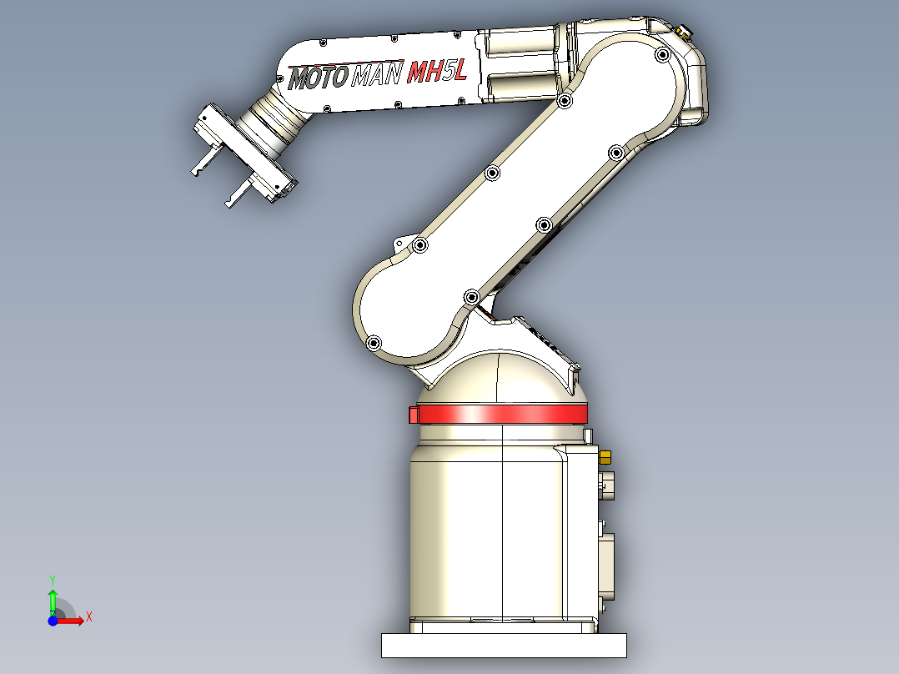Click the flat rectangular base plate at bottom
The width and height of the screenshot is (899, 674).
pyautogui.click(x=504, y=645)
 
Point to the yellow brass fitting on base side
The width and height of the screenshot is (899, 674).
pyautogui.click(x=605, y=455)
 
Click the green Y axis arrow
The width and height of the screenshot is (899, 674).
pyautogui.click(x=52, y=600)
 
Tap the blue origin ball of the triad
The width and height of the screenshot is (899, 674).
pyautogui.click(x=53, y=621)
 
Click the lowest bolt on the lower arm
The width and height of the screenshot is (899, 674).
pyautogui.click(x=373, y=343)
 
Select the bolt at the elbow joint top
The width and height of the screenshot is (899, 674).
pyautogui.click(x=662, y=56)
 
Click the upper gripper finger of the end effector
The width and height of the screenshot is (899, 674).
pyautogui.click(x=202, y=164)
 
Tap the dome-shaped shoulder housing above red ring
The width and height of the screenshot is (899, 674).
pyautogui.click(x=500, y=375)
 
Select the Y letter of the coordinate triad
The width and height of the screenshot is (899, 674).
pyautogui.click(x=52, y=578)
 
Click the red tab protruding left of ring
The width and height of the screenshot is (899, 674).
pyautogui.click(x=413, y=414)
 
